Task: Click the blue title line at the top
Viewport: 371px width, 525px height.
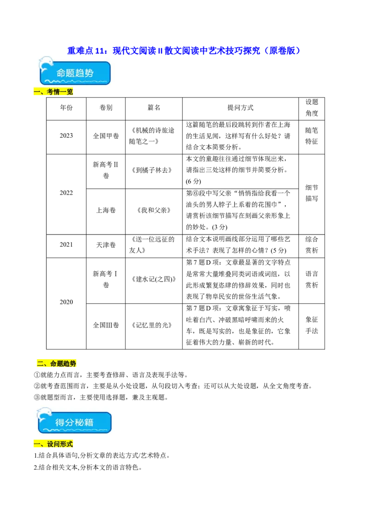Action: click(184, 50)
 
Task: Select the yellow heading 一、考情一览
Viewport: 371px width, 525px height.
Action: click(54, 92)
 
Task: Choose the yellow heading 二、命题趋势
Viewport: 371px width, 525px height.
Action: click(56, 363)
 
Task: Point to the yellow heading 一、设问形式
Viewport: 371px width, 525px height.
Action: click(54, 444)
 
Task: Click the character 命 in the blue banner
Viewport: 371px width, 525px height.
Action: click(61, 73)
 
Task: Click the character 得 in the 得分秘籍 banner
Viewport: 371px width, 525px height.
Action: click(60, 423)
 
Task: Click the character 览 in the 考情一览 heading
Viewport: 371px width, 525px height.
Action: click(70, 92)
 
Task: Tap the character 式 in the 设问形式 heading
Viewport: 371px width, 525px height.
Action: click(70, 444)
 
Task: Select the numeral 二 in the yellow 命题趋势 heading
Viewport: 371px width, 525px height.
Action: click(40, 364)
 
